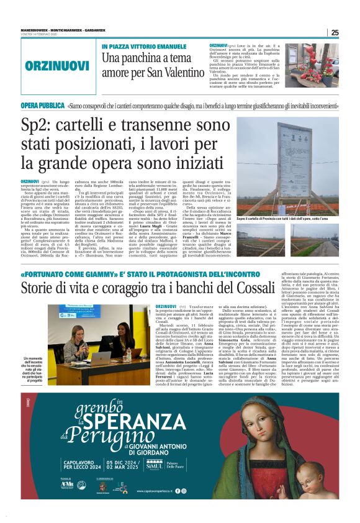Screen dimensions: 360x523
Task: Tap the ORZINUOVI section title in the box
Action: tap(57, 66)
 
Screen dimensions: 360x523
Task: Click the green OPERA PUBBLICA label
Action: tap(42, 106)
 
